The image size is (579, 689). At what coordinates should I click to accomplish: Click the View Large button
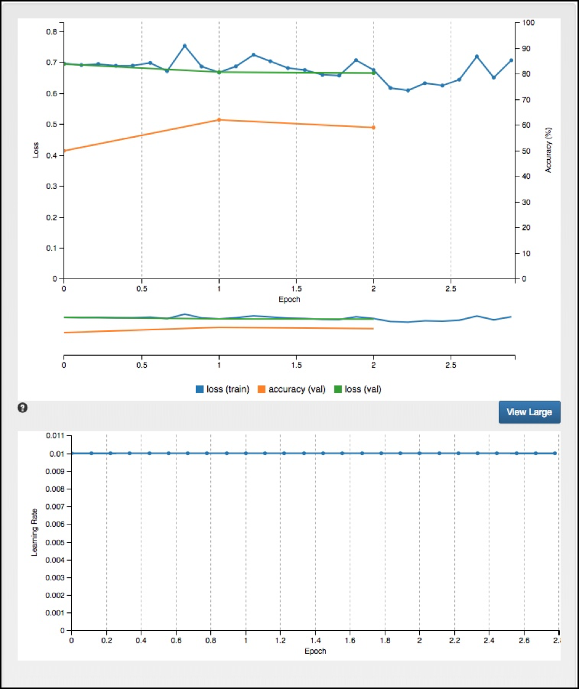click(x=529, y=412)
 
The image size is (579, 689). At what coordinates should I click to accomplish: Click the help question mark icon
click(x=23, y=407)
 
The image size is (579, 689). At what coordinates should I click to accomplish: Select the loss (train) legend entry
click(x=223, y=390)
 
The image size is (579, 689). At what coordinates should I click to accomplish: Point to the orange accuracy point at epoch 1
click(x=219, y=120)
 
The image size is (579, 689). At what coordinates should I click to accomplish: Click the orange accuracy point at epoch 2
click(x=374, y=128)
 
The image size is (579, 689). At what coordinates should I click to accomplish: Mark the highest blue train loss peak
click(x=185, y=46)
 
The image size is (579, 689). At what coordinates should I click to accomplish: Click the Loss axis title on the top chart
click(x=37, y=150)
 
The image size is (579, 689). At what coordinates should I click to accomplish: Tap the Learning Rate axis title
click(x=35, y=533)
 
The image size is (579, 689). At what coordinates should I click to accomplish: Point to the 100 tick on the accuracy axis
click(x=527, y=23)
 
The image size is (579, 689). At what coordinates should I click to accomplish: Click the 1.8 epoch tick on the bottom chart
click(x=384, y=642)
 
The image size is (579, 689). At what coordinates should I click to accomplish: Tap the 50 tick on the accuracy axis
click(x=525, y=151)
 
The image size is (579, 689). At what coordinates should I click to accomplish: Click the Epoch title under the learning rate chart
click(x=314, y=651)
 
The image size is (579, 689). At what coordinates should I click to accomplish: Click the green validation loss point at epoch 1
click(x=219, y=72)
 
